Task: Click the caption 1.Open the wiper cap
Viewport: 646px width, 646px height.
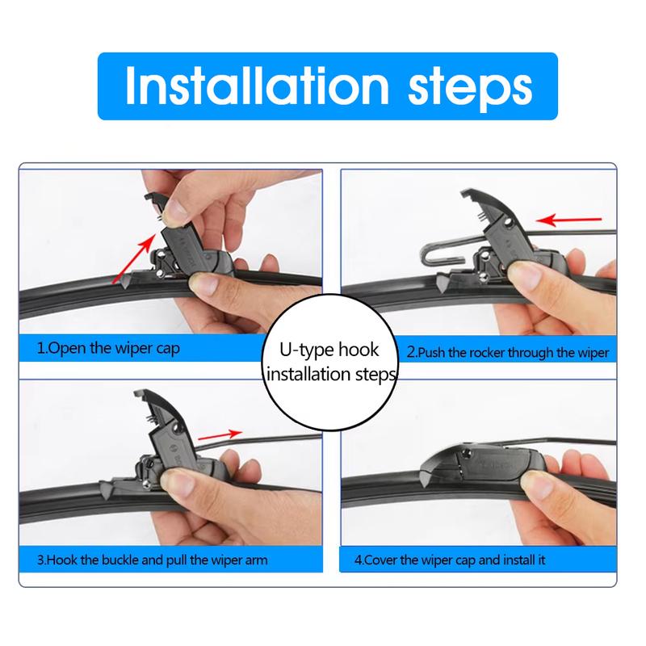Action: [x=109, y=349]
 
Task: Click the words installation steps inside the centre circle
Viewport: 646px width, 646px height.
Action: [x=330, y=375]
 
